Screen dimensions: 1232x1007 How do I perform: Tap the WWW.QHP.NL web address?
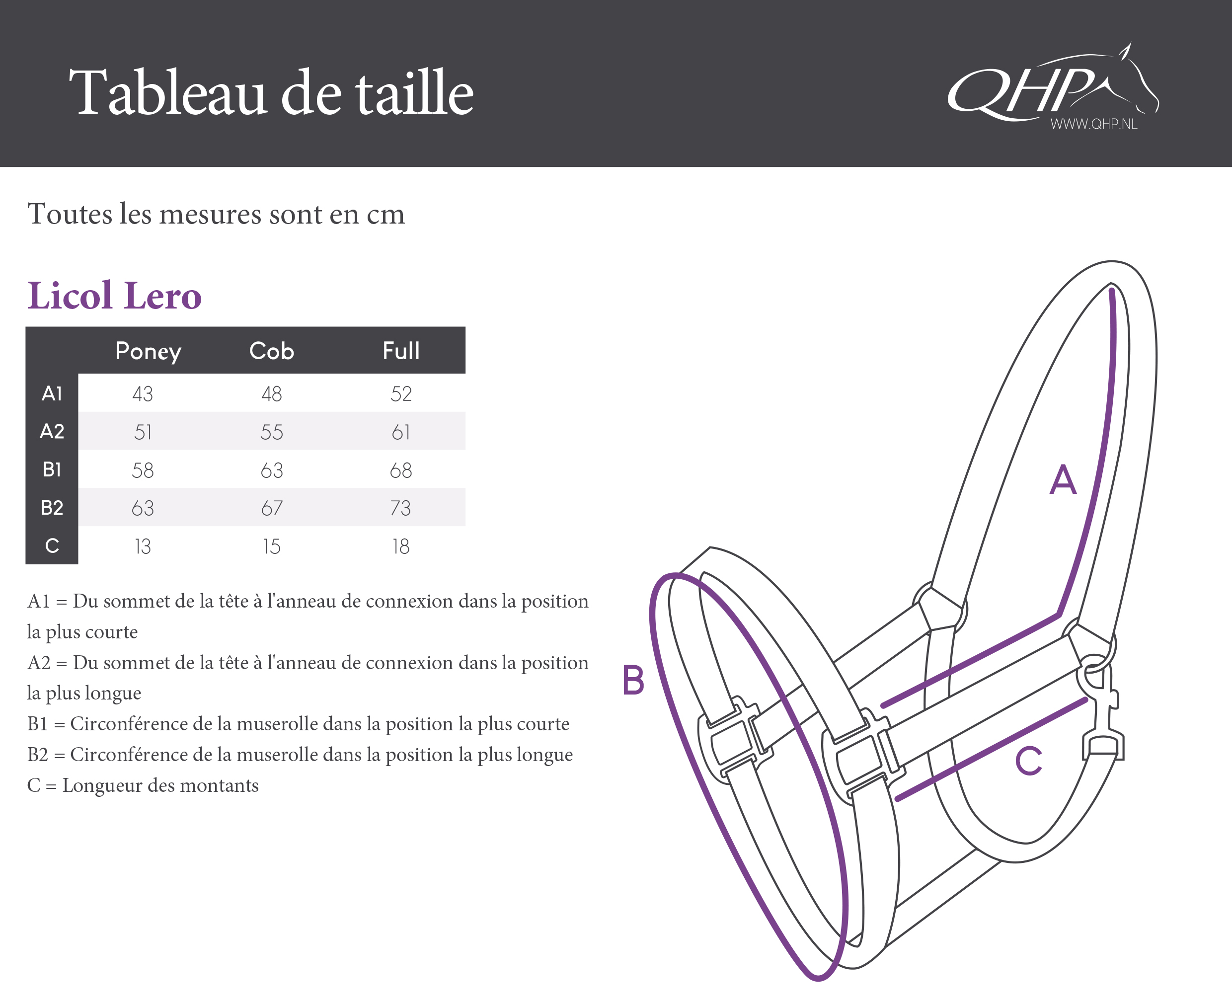click(1093, 124)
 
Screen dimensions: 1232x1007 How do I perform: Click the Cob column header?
click(271, 351)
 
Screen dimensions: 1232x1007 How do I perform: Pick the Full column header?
click(401, 351)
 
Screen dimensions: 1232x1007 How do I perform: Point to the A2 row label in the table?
click(52, 432)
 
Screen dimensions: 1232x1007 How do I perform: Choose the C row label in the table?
click(52, 546)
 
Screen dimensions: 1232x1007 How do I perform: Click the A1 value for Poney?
click(143, 394)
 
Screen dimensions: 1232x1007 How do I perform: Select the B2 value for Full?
click(400, 508)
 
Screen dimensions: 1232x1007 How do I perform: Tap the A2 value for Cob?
click(271, 432)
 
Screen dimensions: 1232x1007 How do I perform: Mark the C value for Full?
click(401, 546)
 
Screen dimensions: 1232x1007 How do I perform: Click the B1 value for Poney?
click(143, 470)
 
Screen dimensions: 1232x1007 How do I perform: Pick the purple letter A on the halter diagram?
click(1063, 480)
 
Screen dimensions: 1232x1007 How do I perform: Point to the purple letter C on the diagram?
click(1028, 761)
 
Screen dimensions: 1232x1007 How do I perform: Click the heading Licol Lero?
click(114, 296)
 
